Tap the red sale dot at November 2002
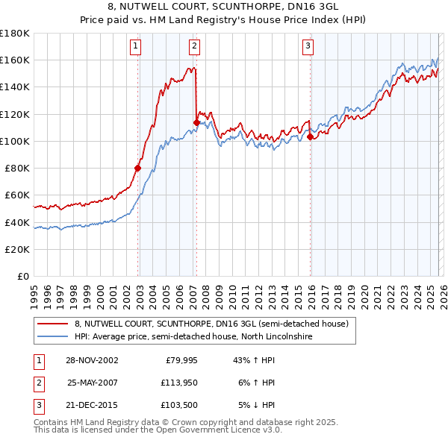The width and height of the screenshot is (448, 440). pos(138,168)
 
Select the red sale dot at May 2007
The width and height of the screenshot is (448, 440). pos(196,122)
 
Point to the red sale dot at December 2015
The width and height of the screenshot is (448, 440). pos(310,136)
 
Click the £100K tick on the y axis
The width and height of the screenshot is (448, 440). pos(15,141)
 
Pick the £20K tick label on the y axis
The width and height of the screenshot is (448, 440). pos(17,249)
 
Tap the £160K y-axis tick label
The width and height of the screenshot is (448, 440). pos(15,60)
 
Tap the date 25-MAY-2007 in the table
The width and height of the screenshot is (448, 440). pos(93,383)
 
